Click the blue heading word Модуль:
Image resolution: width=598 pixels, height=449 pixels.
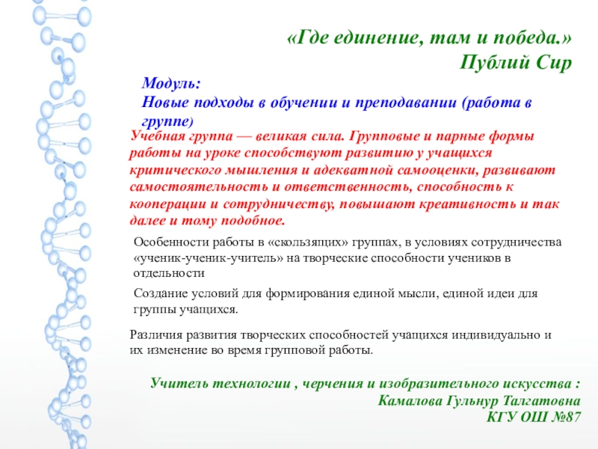[171, 83]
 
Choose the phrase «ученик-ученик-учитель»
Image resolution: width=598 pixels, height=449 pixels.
[209, 258]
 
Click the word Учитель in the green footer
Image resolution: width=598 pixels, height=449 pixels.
[179, 383]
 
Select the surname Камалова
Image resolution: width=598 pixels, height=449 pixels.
[410, 400]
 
